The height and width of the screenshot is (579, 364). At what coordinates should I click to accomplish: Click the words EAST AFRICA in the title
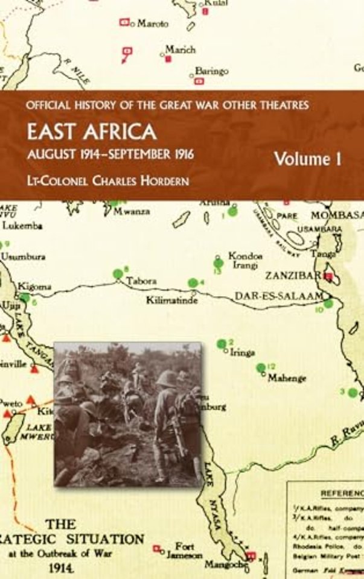[92, 132]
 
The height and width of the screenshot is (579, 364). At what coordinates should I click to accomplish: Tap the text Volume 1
[308, 159]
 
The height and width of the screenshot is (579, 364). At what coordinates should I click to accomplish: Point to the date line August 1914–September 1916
[109, 154]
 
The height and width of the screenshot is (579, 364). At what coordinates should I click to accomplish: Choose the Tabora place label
[141, 281]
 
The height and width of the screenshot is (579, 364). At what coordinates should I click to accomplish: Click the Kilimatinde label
[173, 300]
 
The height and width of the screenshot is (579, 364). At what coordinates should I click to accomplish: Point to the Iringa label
[243, 353]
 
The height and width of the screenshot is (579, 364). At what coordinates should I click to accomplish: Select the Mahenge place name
[287, 378]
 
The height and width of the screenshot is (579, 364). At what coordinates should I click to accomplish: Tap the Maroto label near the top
[153, 24]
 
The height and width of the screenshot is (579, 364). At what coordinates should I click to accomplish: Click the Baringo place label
[211, 71]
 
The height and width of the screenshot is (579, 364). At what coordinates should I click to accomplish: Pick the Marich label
[180, 49]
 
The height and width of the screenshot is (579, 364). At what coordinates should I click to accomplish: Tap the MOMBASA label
[343, 215]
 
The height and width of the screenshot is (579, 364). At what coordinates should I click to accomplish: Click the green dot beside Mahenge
[261, 367]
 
